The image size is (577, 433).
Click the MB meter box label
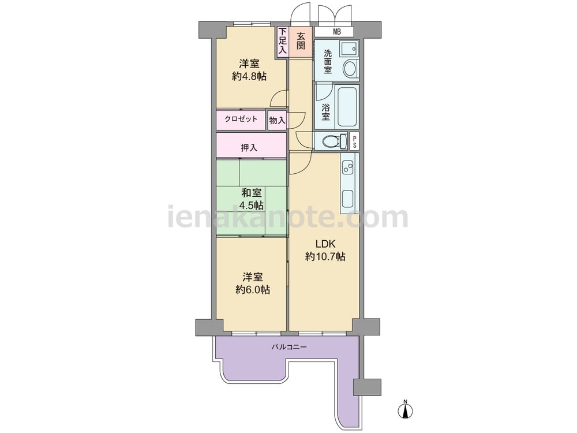pyautogui.click(x=337, y=32)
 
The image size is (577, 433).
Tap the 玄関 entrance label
pyautogui.click(x=301, y=41)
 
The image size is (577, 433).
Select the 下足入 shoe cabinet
pyautogui.click(x=282, y=41)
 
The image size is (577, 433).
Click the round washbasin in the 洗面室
pyautogui.click(x=350, y=68)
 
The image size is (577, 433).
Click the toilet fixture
pyautogui.click(x=334, y=141)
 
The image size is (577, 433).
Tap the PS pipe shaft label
pyautogui.click(x=354, y=142)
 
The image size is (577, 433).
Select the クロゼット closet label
pyautogui.click(x=241, y=119)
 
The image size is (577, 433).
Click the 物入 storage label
pyautogui.click(x=277, y=120)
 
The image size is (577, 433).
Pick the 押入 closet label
pyautogui.click(x=249, y=148)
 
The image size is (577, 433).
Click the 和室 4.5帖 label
pyautogui.click(x=252, y=199)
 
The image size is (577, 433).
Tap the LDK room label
pyautogui.click(x=325, y=244)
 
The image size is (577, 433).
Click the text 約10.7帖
pyautogui.click(x=325, y=256)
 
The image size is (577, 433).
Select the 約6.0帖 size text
pyautogui.click(x=253, y=290)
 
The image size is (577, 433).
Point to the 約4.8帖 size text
pyautogui.click(x=249, y=76)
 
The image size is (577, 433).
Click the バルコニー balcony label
pyautogui.click(x=289, y=347)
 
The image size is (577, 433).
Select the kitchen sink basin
pyautogui.click(x=347, y=199)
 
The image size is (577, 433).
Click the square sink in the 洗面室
pyautogui.click(x=348, y=48)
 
